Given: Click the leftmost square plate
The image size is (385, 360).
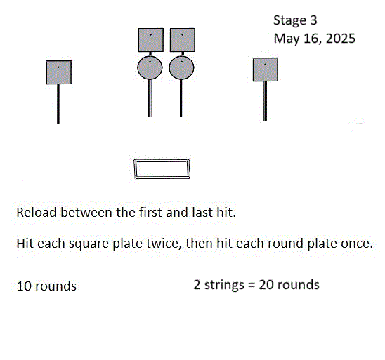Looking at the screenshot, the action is pyautogui.click(x=59, y=72).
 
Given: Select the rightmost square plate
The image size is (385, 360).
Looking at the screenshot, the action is pyautogui.click(x=266, y=69).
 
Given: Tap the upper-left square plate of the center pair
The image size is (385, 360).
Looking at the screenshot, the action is pyautogui.click(x=151, y=40).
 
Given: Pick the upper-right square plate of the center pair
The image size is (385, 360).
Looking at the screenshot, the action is pyautogui.click(x=183, y=40).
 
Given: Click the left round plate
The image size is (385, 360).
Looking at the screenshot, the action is pyautogui.click(x=150, y=68).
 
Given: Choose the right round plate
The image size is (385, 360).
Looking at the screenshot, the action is pyautogui.click(x=181, y=68).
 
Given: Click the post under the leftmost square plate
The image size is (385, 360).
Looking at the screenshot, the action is pyautogui.click(x=59, y=104).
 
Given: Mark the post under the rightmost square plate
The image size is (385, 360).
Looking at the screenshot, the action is pyautogui.click(x=265, y=101).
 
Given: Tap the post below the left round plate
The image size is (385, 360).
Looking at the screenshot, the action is pyautogui.click(x=150, y=98).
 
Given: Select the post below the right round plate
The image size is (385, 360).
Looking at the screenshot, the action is pyautogui.click(x=181, y=98).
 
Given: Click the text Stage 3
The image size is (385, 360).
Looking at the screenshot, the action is pyautogui.click(x=295, y=20).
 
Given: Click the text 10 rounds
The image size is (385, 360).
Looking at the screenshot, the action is pyautogui.click(x=46, y=286).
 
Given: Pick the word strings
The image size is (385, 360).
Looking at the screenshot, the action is pyautogui.click(x=224, y=285).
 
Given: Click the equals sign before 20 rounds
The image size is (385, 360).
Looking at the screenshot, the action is pyautogui.click(x=252, y=285).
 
